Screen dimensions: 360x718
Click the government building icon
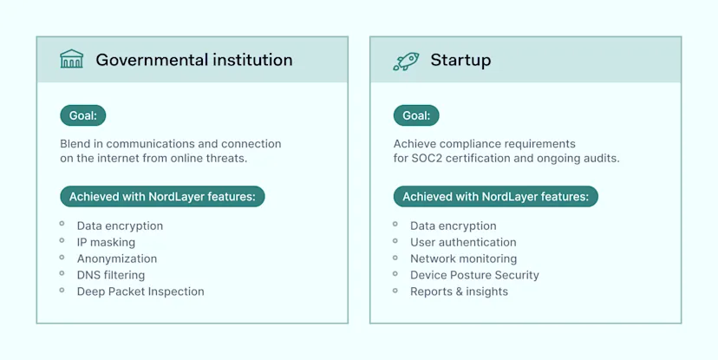[x=71, y=60]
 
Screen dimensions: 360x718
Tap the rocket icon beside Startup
[x=406, y=60]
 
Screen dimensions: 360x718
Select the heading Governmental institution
[x=193, y=60]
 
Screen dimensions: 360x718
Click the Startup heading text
[x=460, y=60]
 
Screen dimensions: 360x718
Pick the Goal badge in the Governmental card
[x=82, y=115]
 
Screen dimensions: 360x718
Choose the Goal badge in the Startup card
[x=416, y=115]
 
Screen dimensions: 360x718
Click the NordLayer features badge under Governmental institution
[x=162, y=197]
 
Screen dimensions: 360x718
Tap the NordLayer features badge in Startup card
[x=495, y=197]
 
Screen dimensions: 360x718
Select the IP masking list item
[x=106, y=242]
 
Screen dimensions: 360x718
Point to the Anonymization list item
[x=117, y=259]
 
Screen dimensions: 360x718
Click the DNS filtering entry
[x=111, y=275]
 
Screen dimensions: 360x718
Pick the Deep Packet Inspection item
[x=140, y=291]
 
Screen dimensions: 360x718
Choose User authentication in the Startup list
[x=463, y=242]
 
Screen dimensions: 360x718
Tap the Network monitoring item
[x=463, y=259]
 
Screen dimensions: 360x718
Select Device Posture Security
[x=474, y=275]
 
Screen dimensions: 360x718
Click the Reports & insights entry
[x=459, y=291]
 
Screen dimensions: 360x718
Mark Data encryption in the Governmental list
[x=120, y=226]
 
